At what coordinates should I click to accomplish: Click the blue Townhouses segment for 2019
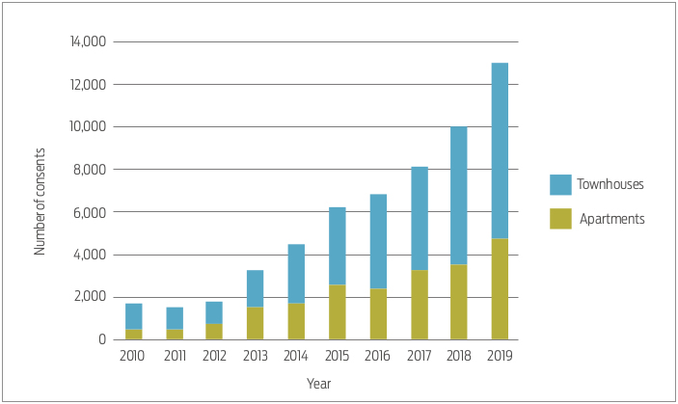click(500, 150)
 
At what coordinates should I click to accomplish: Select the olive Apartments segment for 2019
click(500, 288)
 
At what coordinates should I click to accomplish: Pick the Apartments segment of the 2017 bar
click(419, 304)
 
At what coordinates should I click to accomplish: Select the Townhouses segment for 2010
click(133, 316)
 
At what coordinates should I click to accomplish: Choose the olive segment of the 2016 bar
click(377, 313)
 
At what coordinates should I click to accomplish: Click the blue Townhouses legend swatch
click(560, 184)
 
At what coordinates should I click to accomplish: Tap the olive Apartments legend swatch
click(560, 219)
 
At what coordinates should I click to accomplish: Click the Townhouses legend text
click(610, 184)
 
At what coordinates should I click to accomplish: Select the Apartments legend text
click(611, 219)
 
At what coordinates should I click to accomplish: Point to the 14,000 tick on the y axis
click(87, 42)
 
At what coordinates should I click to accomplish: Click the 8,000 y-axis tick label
click(90, 170)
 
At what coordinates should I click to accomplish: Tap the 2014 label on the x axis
click(296, 356)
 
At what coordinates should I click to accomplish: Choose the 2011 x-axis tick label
click(174, 356)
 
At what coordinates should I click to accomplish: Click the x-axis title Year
click(318, 384)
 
